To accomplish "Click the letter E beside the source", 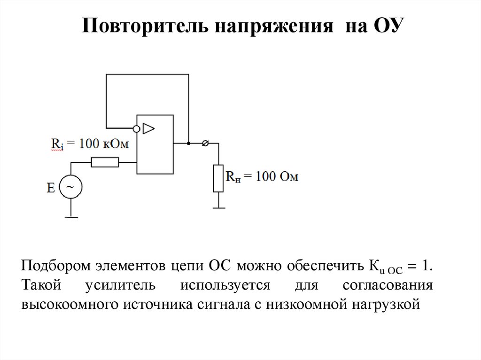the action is coord(51,188).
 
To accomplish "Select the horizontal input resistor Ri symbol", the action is coord(105,162).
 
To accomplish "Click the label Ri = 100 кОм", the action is coord(90,144).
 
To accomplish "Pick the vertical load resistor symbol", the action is coord(218,178).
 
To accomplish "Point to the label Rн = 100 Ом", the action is coord(262,177).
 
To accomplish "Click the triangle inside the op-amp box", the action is coord(149,128).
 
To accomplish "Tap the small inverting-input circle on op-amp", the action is coord(136,128).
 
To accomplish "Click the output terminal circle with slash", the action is coord(205,143).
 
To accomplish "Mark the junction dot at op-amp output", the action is coord(188,143).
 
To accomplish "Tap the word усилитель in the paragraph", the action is coord(124,285).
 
